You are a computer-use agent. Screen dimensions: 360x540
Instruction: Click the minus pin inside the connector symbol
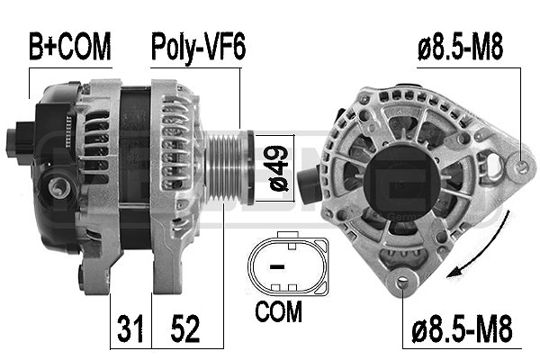pyautogui.click(x=278, y=266)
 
